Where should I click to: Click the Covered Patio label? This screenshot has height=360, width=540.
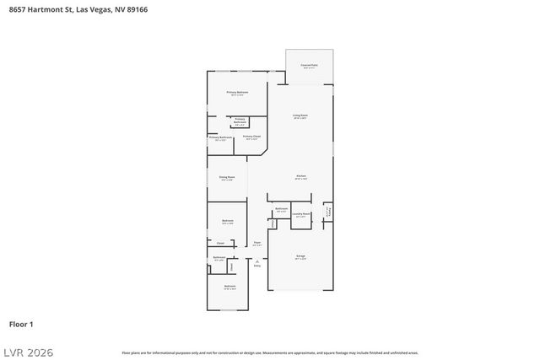click(x=309, y=66)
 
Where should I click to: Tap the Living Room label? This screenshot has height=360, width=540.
click(x=300, y=116)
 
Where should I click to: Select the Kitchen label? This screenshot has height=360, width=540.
click(x=300, y=177)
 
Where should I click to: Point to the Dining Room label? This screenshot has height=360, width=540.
click(x=227, y=178)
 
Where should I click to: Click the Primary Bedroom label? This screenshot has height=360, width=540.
click(x=237, y=93)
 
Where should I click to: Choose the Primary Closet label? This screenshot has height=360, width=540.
click(x=251, y=137)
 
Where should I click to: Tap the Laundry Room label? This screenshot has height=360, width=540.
click(x=301, y=215)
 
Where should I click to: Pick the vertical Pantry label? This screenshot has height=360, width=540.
click(x=328, y=211)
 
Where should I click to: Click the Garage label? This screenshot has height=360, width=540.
click(x=300, y=256)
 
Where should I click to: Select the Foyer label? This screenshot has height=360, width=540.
click(x=256, y=244)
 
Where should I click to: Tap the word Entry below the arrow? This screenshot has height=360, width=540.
click(x=256, y=266)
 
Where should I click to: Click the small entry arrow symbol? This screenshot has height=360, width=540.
click(x=256, y=261)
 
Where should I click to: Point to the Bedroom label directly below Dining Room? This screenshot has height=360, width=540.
click(x=228, y=222)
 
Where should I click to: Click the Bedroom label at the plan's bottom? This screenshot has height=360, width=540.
click(x=229, y=287)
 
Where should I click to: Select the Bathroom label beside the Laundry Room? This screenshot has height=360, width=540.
click(x=282, y=209)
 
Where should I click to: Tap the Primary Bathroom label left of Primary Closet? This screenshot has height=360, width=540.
click(x=220, y=137)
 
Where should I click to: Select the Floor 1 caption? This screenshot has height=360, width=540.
click(x=21, y=324)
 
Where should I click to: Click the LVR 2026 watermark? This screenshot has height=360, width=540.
click(x=29, y=351)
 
